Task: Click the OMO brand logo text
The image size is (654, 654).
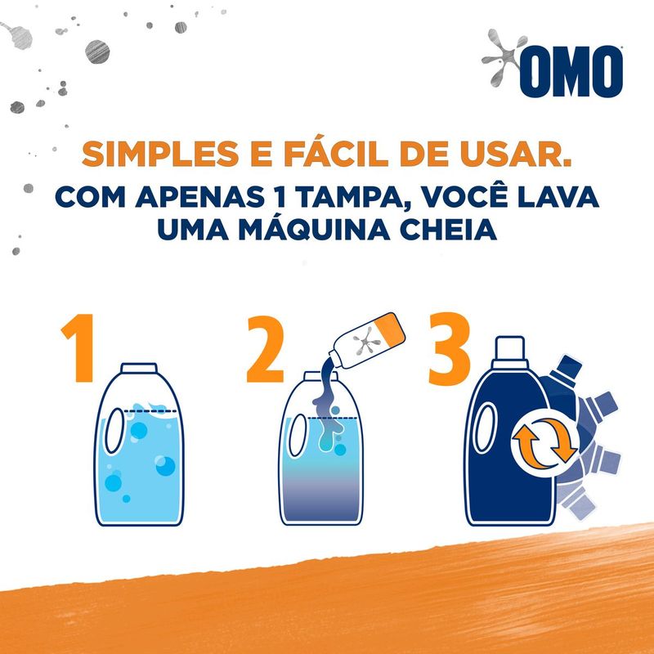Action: pos(571,71)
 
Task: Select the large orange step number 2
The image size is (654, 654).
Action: pos(265,349)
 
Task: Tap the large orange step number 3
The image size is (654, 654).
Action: pos(450,348)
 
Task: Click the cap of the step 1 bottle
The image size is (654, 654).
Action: pos(139,369)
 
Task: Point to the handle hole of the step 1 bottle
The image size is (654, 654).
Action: pos(114,431)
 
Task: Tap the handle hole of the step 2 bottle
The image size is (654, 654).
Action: pos(298,435)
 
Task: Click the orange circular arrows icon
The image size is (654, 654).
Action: pos(544,443)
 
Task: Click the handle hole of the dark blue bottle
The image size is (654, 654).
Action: pos(486,428)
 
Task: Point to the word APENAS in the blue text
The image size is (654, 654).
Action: pos(199,197)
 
